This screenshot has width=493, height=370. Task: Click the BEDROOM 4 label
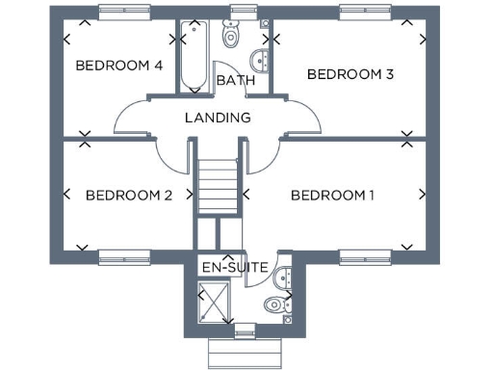118,66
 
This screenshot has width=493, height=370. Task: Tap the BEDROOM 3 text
350,74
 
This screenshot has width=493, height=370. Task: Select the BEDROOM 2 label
129,196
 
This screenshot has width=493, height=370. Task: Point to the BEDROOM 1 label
332,196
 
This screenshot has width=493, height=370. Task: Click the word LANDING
218,118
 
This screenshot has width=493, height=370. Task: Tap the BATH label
235,81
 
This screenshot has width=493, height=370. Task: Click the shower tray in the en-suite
213,304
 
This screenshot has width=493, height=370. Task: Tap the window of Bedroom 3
366,13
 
